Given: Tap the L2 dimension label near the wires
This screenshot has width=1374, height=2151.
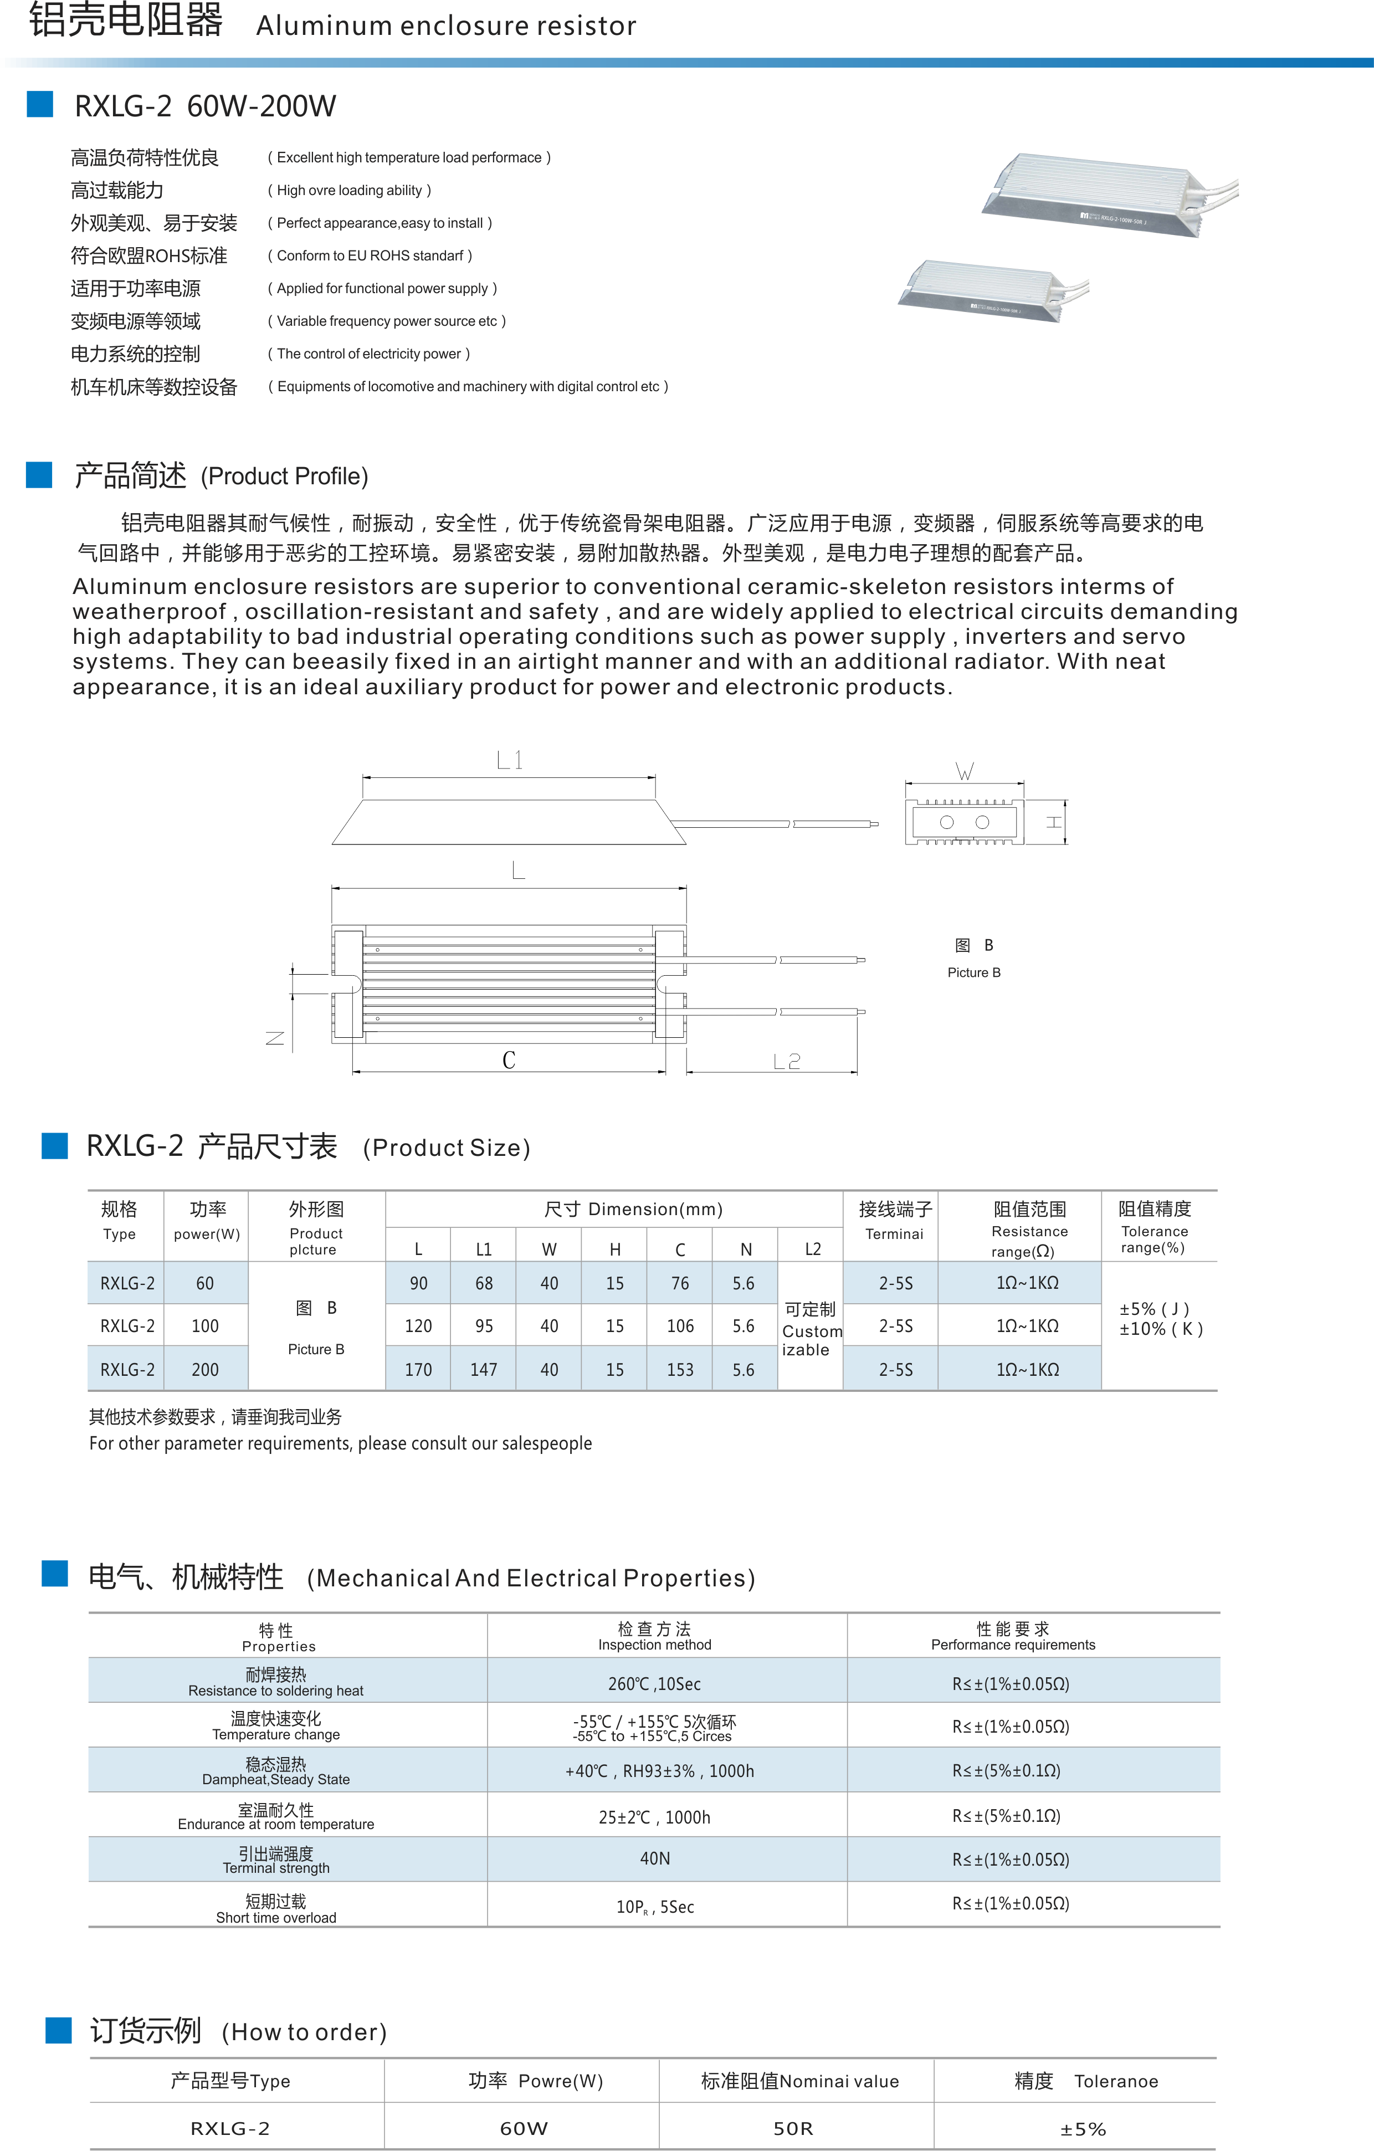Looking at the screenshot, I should click(786, 1061).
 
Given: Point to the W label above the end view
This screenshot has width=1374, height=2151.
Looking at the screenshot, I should click(964, 771).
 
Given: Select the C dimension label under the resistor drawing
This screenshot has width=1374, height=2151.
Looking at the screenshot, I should click(509, 1061).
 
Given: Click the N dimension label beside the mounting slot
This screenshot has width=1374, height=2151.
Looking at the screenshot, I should click(275, 1037).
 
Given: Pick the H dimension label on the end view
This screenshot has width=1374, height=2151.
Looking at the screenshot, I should click(1054, 822).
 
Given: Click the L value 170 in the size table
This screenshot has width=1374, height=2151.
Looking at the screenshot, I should click(418, 1369).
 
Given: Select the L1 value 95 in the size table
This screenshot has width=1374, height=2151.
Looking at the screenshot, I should click(483, 1325).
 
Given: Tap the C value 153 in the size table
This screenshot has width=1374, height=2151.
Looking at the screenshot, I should click(680, 1369).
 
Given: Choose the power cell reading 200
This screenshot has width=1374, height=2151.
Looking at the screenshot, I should click(204, 1369).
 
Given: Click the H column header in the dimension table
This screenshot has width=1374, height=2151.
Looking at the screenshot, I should click(614, 1249).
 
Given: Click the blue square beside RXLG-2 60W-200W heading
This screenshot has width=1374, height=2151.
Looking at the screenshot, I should click(39, 105).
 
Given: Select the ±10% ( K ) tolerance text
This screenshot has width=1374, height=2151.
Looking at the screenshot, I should click(1161, 1329).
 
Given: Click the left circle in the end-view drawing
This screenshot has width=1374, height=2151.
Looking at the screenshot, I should click(947, 822).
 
